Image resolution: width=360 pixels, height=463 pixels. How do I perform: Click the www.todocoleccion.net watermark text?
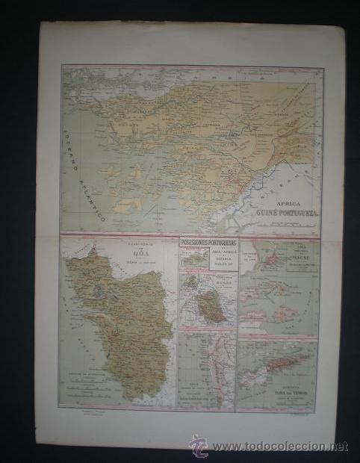[276, 446]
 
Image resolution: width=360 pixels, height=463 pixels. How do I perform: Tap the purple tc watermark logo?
[197, 447]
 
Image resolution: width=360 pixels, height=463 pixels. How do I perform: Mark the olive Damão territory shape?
[212, 309]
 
